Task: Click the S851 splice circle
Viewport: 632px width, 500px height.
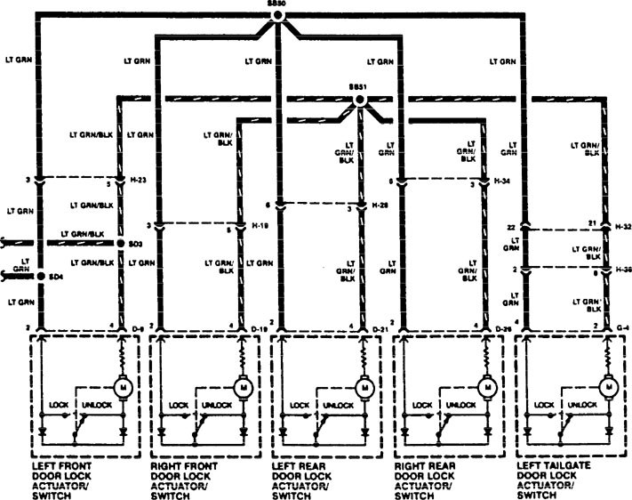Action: point(360,100)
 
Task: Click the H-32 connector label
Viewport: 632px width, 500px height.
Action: point(624,228)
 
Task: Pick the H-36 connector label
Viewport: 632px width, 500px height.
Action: point(624,269)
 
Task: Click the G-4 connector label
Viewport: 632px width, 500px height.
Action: point(623,328)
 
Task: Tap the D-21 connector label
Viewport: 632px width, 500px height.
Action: point(380,328)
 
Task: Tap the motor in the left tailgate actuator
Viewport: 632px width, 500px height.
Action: point(609,388)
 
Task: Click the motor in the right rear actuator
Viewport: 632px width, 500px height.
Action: point(486,388)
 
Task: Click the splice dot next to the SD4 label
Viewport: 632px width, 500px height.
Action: point(41,277)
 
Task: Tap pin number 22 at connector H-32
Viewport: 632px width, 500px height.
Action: point(513,228)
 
